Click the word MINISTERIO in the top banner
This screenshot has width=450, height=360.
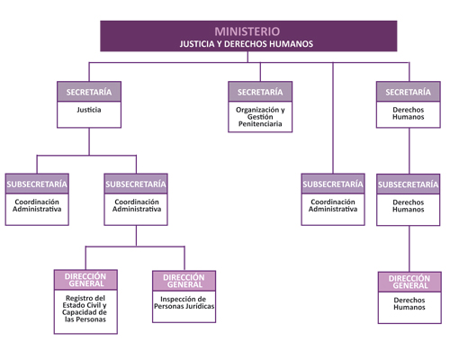(247, 31)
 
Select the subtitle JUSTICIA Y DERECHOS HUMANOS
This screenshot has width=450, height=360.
(247, 44)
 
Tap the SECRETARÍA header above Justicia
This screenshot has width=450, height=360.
(89, 92)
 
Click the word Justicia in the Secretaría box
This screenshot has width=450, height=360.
(89, 110)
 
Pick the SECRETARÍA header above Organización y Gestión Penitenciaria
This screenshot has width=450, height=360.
(260, 92)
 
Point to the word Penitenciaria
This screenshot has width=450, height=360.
(260, 124)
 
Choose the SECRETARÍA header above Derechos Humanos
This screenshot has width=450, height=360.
(409, 92)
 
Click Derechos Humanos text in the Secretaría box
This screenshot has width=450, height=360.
(409, 113)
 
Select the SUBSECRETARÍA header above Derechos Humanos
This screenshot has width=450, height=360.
(409, 184)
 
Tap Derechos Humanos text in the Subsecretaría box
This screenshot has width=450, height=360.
(409, 206)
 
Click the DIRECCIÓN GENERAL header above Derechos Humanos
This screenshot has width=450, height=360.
(409, 282)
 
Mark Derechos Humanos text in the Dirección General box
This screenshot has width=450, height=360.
(409, 303)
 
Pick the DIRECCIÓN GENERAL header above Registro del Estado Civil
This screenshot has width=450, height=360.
(85, 280)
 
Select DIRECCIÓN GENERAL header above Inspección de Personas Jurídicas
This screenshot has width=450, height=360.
(184, 281)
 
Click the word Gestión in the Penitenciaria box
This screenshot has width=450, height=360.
(260, 117)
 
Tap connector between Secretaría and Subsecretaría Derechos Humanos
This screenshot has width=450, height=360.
(409, 151)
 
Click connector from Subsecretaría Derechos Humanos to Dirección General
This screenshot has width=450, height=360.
(409, 248)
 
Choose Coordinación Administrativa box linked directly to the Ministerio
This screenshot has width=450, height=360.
(333, 199)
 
